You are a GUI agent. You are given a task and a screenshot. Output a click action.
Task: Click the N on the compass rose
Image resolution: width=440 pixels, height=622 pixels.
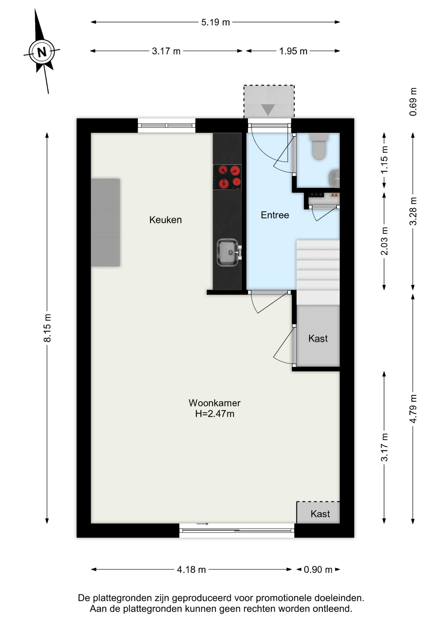pos(42,52)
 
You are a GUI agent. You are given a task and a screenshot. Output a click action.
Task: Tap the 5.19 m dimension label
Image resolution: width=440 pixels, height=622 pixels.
pos(215,22)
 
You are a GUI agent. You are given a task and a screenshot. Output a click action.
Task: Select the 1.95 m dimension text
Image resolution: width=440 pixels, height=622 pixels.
pos(293,51)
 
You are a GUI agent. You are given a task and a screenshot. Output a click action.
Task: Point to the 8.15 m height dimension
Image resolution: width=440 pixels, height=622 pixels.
pos(47,328)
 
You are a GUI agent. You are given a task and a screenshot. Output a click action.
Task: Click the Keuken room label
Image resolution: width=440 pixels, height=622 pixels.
pos(166,220)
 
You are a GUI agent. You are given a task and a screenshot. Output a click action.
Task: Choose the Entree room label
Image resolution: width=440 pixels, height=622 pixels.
pos(275,215)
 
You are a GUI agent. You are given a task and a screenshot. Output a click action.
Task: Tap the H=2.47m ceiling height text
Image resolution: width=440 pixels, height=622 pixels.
pos(214,414)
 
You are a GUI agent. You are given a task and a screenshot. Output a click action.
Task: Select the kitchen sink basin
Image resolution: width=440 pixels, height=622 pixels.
pos(228,252)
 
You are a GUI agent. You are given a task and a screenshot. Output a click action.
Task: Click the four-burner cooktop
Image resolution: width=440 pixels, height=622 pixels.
pos(227,177)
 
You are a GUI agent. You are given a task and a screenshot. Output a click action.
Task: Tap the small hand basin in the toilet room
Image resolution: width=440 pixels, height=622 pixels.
pos(334,179)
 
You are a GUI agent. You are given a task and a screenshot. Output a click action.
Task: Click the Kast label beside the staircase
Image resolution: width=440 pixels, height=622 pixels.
pos(318,339)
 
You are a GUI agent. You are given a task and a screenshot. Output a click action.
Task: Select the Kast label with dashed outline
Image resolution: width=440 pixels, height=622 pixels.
pos(320,514)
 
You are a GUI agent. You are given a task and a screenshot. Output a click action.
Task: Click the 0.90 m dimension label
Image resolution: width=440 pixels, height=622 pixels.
pos(318,570)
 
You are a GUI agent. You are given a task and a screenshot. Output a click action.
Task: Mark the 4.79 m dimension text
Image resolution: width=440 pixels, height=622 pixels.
pos(413,409)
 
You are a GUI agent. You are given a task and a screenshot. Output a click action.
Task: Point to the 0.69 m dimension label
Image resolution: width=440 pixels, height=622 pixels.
pos(413,102)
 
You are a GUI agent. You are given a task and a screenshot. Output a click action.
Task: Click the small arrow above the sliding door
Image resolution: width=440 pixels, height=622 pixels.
pos(202,524)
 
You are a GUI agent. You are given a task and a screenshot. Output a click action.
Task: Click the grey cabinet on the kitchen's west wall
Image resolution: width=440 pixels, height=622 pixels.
pos(106,223)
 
